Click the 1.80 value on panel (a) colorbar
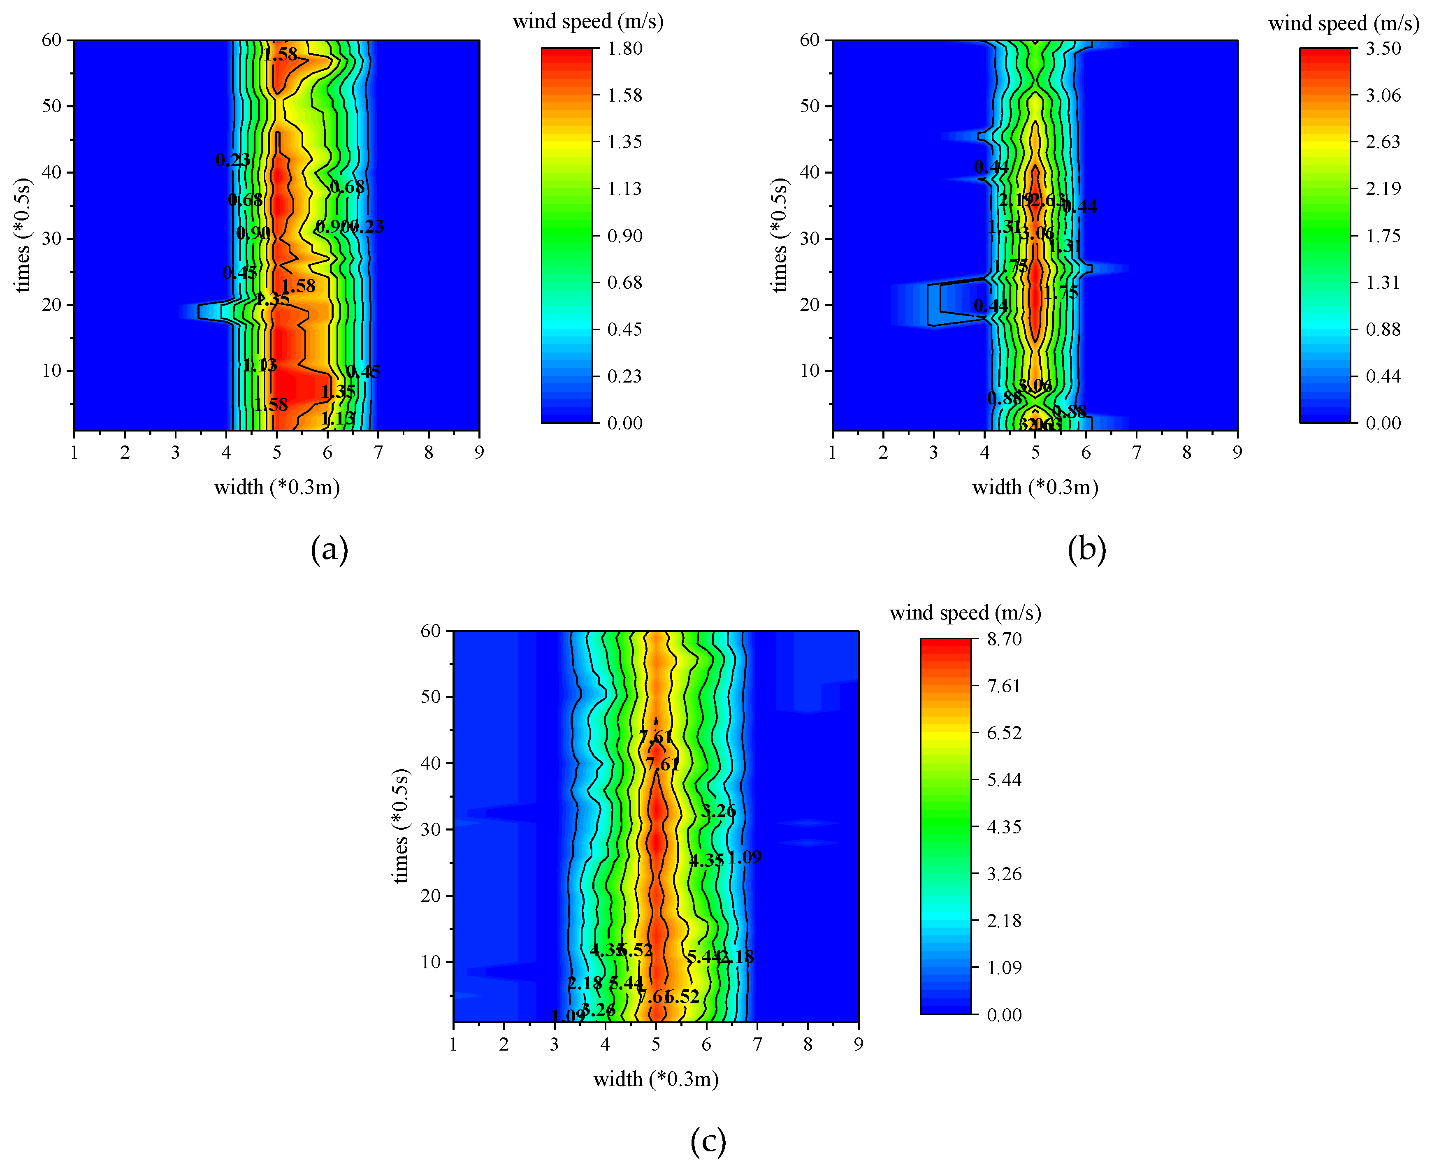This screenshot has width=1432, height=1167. coord(624,49)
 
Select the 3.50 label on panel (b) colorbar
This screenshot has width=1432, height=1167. coord(1383,49)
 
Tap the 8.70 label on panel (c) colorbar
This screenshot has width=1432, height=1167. coord(1004,639)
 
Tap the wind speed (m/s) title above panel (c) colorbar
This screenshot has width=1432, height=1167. coord(965,613)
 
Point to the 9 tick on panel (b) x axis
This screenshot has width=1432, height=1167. coord(1237,452)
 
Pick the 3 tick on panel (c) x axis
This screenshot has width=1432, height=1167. coord(554,1044)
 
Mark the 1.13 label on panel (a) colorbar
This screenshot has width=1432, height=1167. coord(624,189)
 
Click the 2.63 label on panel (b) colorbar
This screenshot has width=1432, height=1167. coord(1383,142)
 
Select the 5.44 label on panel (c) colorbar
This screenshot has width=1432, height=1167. coord(1004,780)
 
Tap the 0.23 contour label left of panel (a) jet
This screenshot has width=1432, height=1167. coord(232,160)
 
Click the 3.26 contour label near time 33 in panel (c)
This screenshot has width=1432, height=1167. coord(718,811)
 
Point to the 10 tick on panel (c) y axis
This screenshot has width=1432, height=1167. coord(431,962)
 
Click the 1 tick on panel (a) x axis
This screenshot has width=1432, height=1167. coord(74,452)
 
